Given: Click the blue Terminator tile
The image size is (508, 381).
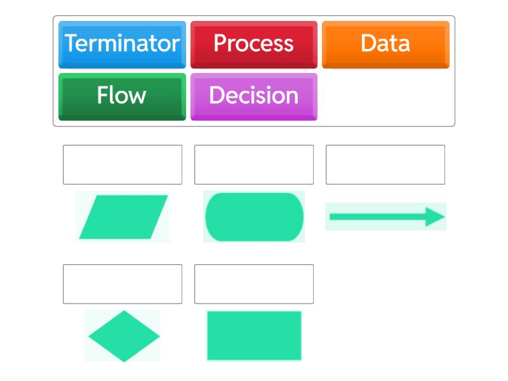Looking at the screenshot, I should [x=122, y=44].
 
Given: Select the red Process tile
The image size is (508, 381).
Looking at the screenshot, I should [x=253, y=44].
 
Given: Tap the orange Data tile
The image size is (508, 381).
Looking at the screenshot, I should [x=385, y=44].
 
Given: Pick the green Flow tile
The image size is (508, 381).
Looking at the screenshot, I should [x=122, y=97].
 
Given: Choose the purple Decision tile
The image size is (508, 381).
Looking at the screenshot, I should [x=253, y=97].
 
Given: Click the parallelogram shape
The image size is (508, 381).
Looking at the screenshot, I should [x=123, y=217].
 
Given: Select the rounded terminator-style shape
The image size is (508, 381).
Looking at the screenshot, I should [x=254, y=217].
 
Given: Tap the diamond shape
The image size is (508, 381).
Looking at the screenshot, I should [x=124, y=336].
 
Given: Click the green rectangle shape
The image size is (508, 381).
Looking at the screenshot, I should [x=254, y=336].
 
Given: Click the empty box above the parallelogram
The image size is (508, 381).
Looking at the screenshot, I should [x=123, y=164].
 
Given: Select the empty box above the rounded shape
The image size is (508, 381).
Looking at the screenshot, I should [x=254, y=164].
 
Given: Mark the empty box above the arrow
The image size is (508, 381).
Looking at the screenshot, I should [x=385, y=164].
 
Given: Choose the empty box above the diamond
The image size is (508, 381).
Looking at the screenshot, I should [x=123, y=284].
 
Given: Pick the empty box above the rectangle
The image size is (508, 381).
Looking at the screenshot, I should [x=254, y=284].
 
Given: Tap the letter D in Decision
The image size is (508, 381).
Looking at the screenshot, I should [x=217, y=95].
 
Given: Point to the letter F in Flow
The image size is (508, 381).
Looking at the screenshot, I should [x=103, y=95].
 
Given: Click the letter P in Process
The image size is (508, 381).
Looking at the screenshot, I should [x=220, y=43].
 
